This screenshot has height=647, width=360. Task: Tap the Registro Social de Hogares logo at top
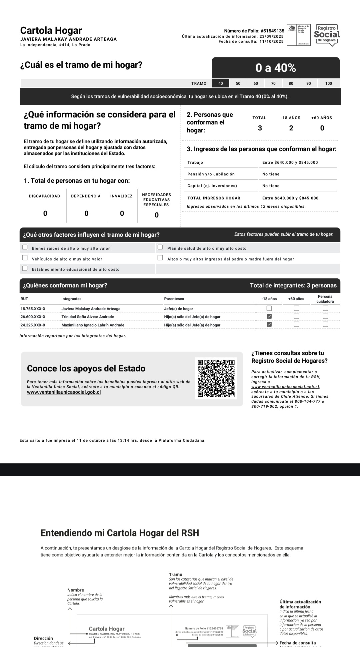pos(327,35)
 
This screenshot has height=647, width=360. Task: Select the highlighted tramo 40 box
pos(221,83)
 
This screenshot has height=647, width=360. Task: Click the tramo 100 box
pos(329,83)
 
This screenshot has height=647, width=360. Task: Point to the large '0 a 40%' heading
pos(276,68)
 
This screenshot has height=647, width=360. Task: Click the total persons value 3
pos(260,128)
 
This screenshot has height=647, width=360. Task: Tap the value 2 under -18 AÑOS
pos(291,128)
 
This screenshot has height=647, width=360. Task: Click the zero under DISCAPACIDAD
pos(45,213)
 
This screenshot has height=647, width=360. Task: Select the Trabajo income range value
pos(290,163)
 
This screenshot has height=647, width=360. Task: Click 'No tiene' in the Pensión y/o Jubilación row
pos(271,174)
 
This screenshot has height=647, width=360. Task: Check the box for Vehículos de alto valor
pos(25,258)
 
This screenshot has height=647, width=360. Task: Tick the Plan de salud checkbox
pos(160,247)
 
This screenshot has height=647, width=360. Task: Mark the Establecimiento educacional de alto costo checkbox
pos(25,268)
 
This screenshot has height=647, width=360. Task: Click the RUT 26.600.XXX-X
pos(33,317)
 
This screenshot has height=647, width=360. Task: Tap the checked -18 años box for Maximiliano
pos(269,324)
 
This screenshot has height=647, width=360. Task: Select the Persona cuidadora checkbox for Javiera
pos(325,308)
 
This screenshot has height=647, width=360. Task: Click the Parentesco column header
pos(174,299)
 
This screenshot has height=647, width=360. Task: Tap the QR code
pos(216,378)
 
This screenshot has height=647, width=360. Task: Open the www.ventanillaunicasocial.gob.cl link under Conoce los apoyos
pos(64,392)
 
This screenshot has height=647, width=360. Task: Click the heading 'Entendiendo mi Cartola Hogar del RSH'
pos(120,533)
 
